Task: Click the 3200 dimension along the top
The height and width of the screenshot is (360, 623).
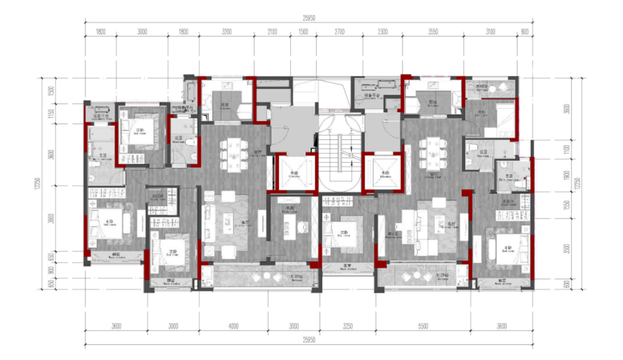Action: point(226,32)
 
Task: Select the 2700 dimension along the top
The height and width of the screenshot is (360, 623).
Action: point(339,32)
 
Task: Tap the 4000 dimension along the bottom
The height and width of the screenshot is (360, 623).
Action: point(233,326)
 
